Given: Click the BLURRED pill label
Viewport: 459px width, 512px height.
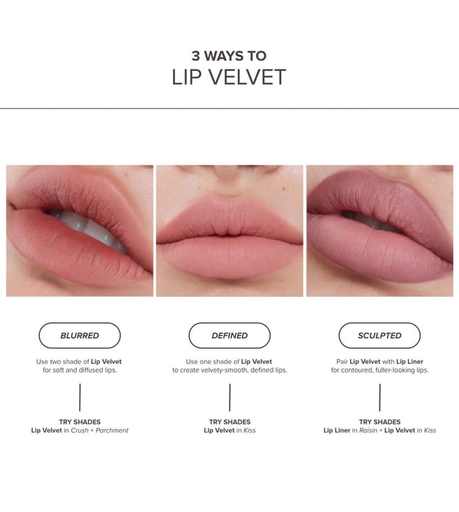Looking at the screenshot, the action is coord(80,336).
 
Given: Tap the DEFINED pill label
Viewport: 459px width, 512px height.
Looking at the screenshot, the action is coord(229,336).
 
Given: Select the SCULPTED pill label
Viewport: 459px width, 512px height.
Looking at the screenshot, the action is coord(379,336).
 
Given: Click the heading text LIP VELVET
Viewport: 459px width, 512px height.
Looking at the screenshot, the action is coord(229,77).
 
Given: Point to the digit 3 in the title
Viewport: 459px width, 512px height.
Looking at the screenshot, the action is coord(195,56).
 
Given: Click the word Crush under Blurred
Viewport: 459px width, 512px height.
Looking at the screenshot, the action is coord(80,430).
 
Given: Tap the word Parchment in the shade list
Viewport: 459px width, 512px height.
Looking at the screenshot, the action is coord(112,430).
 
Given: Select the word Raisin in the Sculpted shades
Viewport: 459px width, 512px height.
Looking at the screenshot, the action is coord(368,430).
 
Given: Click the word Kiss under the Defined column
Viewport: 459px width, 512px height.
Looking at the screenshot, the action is coord(250,430).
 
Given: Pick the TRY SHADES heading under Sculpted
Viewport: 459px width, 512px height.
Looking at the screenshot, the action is coord(379,422).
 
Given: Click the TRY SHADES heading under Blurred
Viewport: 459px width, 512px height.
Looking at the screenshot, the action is coord(80,422).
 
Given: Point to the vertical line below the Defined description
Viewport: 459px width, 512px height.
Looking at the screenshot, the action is coord(229,398).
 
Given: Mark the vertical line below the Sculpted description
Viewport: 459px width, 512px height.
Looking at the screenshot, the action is coord(379,398).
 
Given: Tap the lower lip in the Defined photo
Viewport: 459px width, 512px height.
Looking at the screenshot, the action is coord(229,258).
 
